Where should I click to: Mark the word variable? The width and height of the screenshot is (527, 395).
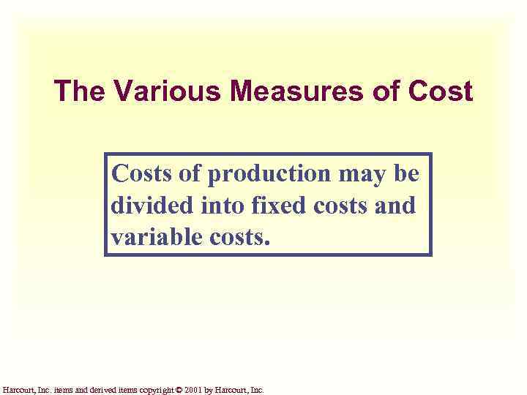pos(154,237)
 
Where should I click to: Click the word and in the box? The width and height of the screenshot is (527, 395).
pos(396,206)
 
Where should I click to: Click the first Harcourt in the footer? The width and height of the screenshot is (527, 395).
pos(18,390)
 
